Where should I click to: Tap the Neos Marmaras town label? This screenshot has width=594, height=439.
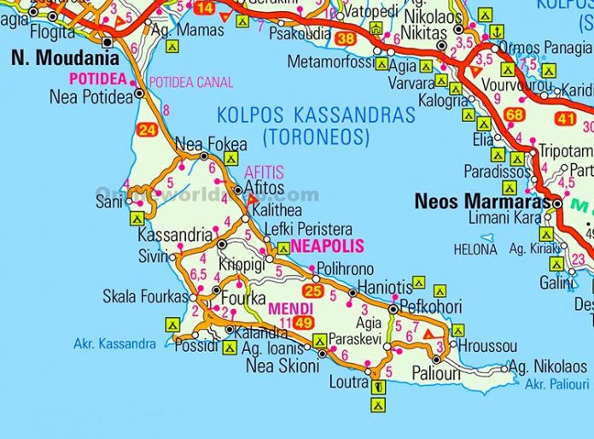point(481,202)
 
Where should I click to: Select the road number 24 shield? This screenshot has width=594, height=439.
point(147,131)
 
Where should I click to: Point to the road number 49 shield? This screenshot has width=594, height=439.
point(303,323)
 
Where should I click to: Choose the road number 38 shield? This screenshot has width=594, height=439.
point(346,38)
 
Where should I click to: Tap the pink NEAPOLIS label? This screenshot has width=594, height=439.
point(327,247)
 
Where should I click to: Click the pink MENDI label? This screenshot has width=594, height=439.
point(283,308)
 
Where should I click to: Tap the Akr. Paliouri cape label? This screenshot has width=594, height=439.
point(557,384)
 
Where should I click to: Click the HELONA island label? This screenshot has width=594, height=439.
point(475,250)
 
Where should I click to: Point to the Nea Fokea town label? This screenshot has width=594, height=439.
point(201,143)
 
